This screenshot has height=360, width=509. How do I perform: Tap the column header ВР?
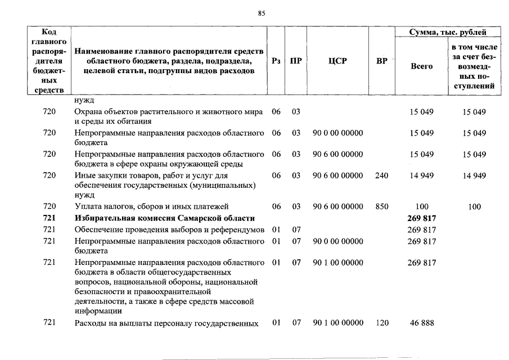tap(381, 61)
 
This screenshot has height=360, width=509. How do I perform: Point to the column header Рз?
tap(276, 61)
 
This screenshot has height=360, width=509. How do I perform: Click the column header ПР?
tap(295, 61)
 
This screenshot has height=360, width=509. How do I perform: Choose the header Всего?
tap(422, 66)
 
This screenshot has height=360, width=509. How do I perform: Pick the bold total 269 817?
tap(422, 218)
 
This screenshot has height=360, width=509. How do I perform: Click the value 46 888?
tap(422, 323)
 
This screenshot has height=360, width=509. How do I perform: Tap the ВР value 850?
tap(381, 207)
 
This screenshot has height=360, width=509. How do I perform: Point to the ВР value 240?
tap(381, 175)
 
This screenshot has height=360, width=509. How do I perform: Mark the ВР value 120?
tap(381, 323)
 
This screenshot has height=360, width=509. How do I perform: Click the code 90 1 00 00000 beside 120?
tap(337, 323)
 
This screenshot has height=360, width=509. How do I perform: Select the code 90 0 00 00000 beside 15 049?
tap(337, 133)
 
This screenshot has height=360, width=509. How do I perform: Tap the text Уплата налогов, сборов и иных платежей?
tap(151, 207)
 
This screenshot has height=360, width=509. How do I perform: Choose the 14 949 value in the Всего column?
tap(422, 175)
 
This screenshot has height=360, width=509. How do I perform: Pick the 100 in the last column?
tap(474, 207)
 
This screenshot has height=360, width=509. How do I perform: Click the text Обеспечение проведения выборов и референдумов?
tap(169, 229)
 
